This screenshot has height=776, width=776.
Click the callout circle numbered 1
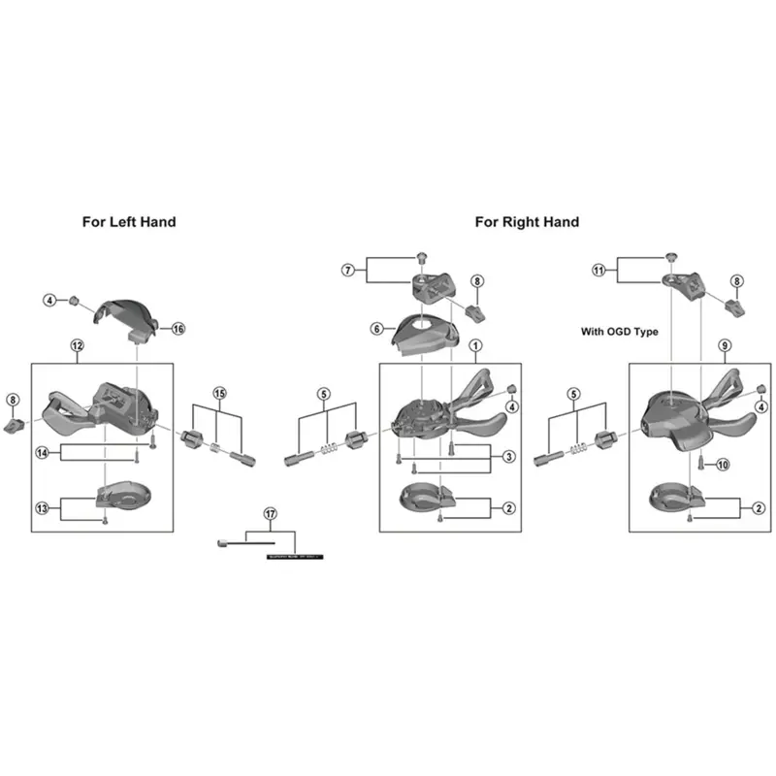click(x=475, y=346)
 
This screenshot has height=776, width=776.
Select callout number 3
click(x=508, y=456)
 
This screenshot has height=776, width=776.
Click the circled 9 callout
click(x=724, y=346)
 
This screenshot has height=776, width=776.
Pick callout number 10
click(x=722, y=466)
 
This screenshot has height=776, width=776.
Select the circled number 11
click(x=598, y=271)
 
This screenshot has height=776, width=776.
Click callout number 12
click(x=78, y=346)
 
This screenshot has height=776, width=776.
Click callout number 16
click(x=178, y=329)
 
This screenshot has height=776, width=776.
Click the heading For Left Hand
click(x=129, y=222)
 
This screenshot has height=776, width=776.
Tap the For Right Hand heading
click(x=527, y=222)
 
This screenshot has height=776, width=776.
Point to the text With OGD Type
click(x=619, y=332)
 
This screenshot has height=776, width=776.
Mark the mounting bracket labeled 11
click(x=684, y=282)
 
